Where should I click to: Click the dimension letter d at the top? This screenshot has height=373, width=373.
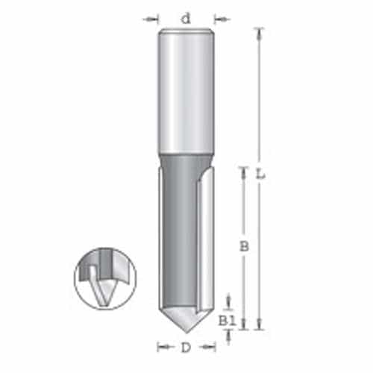pyautogui.click(x=185, y=19)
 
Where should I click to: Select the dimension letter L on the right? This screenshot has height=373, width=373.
pyautogui.click(x=260, y=174)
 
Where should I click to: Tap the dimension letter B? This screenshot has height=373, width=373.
pyautogui.click(x=244, y=245)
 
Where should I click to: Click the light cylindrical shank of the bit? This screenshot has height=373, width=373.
pyautogui.click(x=186, y=90)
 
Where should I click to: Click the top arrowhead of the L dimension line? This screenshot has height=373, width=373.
pyautogui.click(x=259, y=32)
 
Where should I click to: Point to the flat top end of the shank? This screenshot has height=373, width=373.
pyautogui.click(x=186, y=30)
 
